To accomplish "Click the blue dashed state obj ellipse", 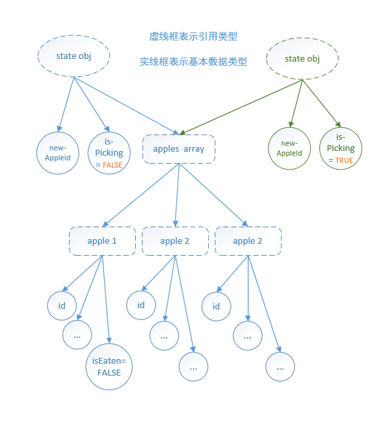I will [74, 56].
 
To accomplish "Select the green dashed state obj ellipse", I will [302, 59].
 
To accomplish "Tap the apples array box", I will [178, 149].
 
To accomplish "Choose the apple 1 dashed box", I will [102, 241].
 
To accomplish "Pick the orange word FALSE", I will [113, 164].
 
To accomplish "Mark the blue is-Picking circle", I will [109, 153].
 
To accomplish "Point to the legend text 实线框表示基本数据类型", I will [193, 62].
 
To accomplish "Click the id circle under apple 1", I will [62, 305].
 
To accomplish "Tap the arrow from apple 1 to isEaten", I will [106, 298].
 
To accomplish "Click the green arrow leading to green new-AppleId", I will [297, 103].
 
